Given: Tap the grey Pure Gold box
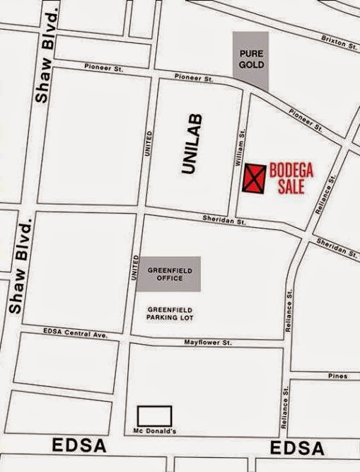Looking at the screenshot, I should click(252, 59).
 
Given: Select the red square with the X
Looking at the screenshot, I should click(254, 178).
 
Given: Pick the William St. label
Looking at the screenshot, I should click(241, 146).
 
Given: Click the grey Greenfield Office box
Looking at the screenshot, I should click(166, 274).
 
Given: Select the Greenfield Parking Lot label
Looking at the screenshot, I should click(165, 313).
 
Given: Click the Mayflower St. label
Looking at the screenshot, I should click(208, 343).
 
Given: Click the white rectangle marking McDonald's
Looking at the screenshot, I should click(154, 415).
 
